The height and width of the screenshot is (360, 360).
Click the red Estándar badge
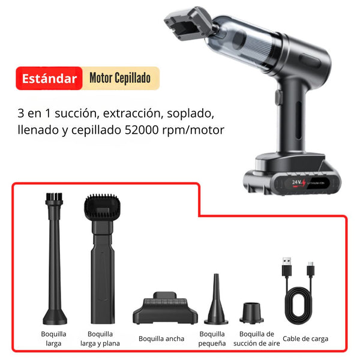click(49, 78)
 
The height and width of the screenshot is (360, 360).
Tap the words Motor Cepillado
click(120, 78)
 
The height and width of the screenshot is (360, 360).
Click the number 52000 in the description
click(142, 130)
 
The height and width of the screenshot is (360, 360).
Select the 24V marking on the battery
click(297, 182)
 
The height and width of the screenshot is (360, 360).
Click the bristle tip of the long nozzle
click(54, 197)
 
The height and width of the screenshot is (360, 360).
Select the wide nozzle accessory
click(165, 308)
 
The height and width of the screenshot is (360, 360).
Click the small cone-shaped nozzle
click(216, 299)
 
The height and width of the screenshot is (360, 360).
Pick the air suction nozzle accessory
click(251, 313)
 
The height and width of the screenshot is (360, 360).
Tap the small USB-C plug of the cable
click(311, 269)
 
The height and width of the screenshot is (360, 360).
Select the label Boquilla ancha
click(161, 338)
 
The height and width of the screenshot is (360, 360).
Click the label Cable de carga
click(305, 338)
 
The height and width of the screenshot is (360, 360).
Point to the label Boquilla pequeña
click(212, 338)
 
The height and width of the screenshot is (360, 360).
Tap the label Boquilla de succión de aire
click(257, 338)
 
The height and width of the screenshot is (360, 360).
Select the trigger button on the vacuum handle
click(278, 97)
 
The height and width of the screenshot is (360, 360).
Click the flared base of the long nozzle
click(55, 317)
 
